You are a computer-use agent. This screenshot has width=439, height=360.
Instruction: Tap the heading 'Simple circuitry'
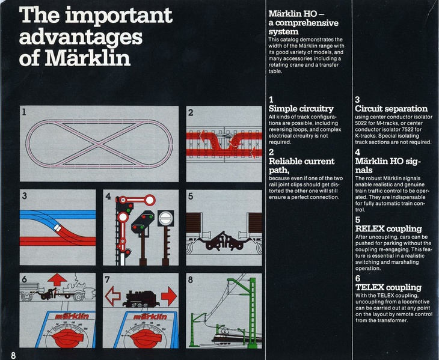(x=301, y=109)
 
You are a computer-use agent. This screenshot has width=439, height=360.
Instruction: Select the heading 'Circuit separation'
(x=391, y=109)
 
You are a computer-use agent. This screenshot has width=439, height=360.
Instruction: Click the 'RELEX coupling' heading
(x=388, y=229)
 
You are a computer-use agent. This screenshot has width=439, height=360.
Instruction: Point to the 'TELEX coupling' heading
(x=388, y=287)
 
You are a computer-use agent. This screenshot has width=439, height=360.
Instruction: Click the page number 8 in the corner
(x=13, y=354)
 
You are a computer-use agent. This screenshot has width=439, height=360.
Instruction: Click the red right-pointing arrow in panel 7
(x=168, y=296)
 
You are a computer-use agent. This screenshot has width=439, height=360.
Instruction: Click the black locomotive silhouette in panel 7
(x=142, y=297)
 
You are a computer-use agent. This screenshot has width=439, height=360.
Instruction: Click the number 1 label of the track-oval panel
(x=24, y=112)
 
